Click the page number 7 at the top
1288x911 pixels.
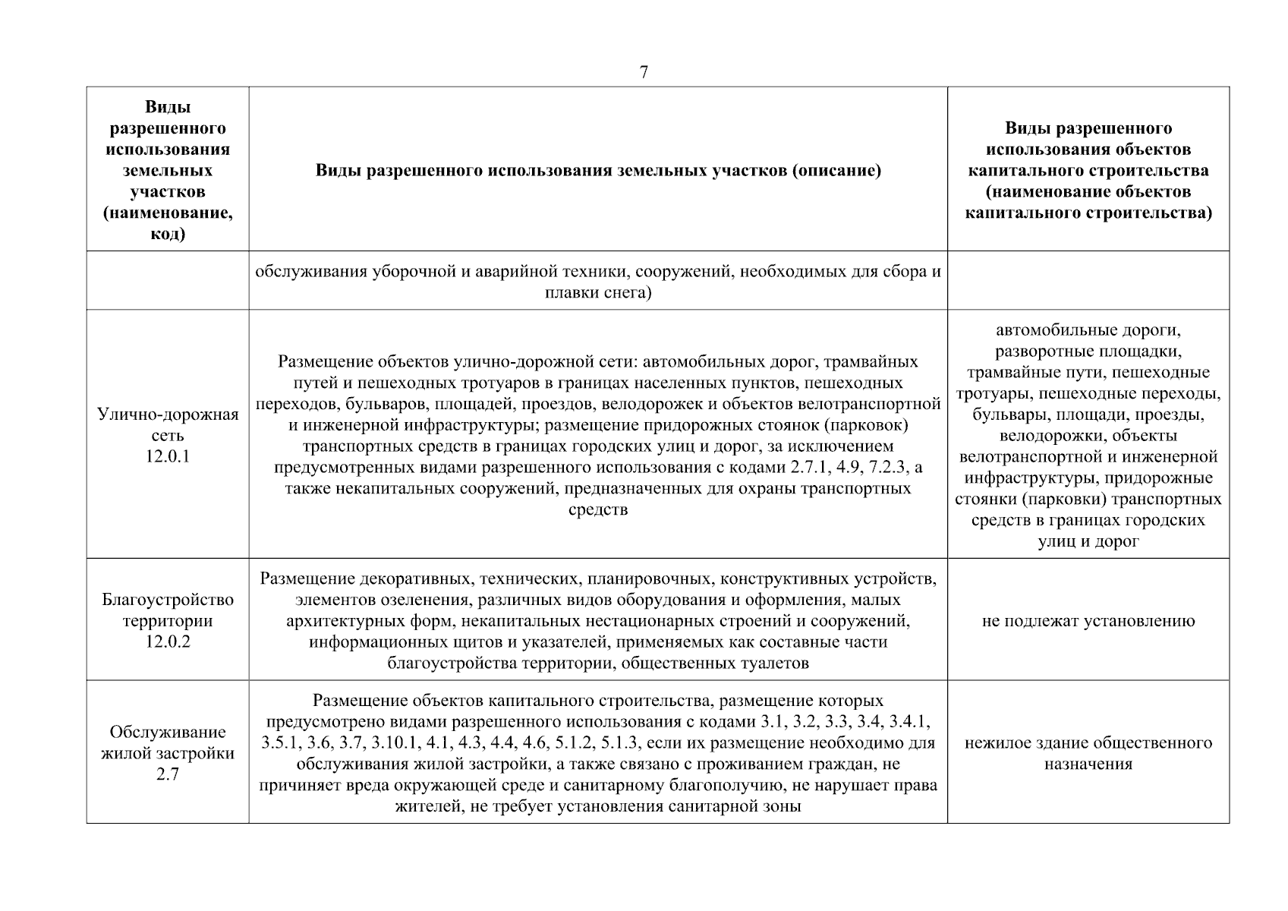[644, 73]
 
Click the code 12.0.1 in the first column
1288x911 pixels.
[168, 457]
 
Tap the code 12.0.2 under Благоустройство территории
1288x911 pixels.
[168, 642]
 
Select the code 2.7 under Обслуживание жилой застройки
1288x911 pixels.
[168, 775]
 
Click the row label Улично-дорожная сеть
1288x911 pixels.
[168, 425]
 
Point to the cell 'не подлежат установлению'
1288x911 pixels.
[1088, 621]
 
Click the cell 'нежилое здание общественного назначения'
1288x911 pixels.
[1088, 753]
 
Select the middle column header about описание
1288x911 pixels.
[598, 170]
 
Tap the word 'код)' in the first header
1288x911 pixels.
[168, 235]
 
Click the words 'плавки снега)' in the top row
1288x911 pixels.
[598, 292]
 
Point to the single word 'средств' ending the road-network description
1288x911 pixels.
[598, 509]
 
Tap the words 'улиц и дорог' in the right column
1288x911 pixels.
[1088, 541]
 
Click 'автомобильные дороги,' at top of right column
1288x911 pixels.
[1088, 330]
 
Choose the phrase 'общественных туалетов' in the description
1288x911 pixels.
[724, 663]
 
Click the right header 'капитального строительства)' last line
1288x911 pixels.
[1088, 213]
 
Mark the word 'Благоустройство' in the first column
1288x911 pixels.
[168, 600]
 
